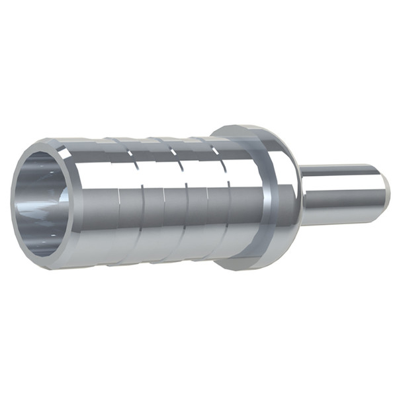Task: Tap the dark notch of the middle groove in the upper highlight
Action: click(x=173, y=152)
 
